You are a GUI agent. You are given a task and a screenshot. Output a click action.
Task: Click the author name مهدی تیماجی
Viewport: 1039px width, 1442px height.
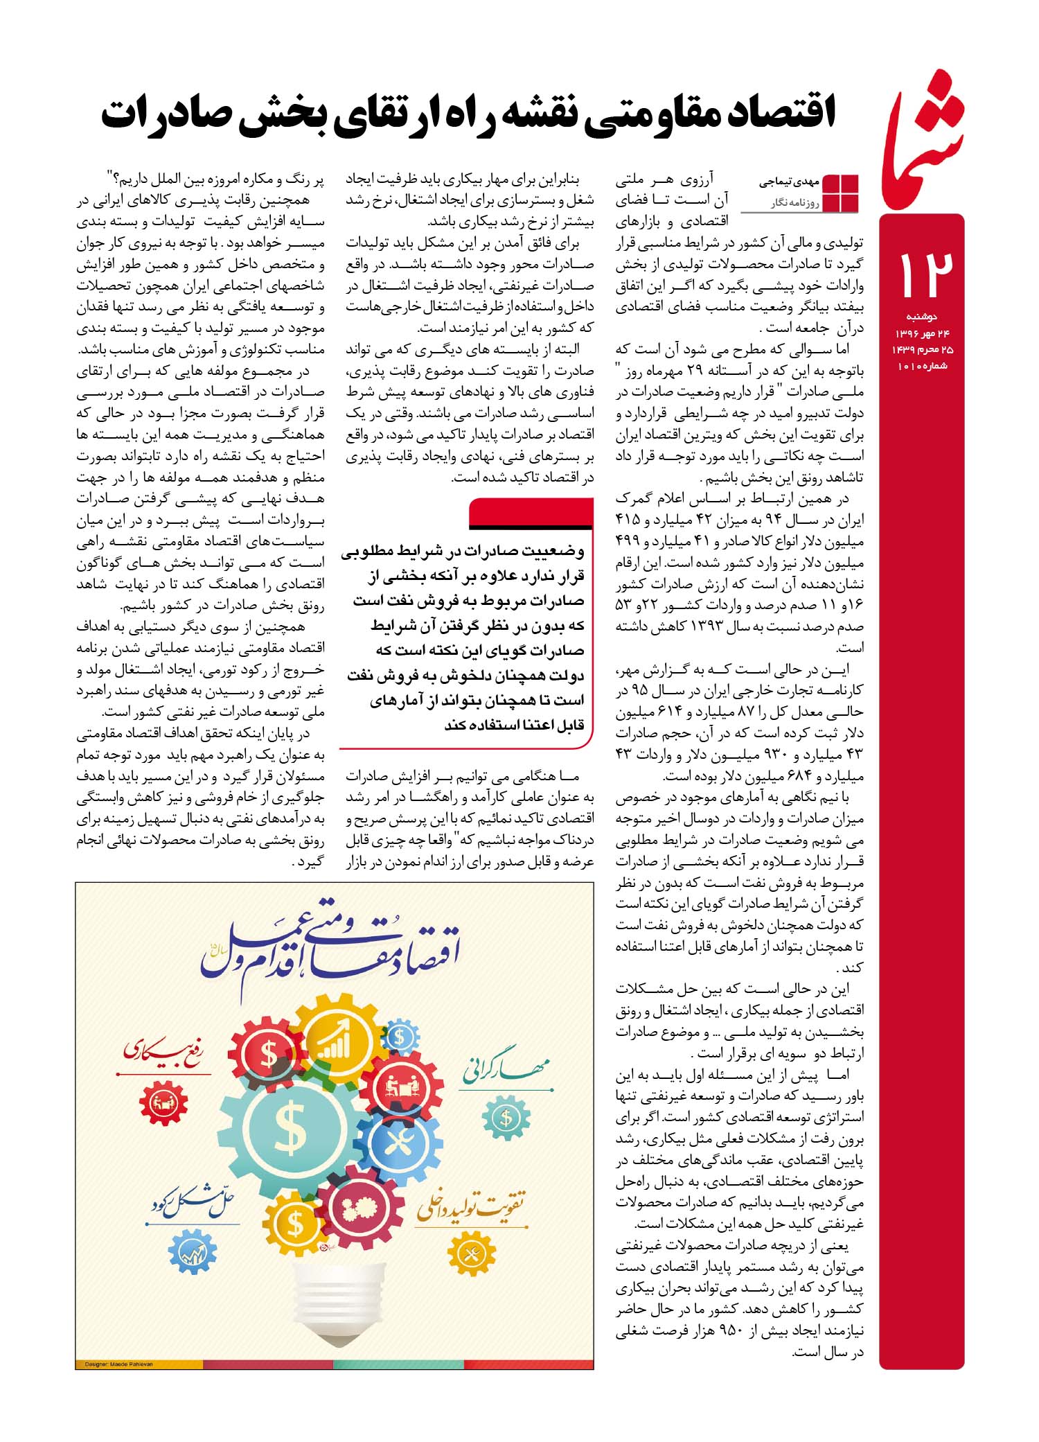789,182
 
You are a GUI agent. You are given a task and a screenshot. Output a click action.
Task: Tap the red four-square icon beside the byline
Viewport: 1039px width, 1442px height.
839,193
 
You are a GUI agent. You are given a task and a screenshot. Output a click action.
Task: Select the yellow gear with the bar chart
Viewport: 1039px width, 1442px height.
339,1044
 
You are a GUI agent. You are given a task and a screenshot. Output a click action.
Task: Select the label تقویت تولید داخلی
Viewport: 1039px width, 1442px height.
471,1206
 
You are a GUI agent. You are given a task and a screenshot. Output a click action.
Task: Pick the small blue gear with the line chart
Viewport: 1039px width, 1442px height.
193,1251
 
